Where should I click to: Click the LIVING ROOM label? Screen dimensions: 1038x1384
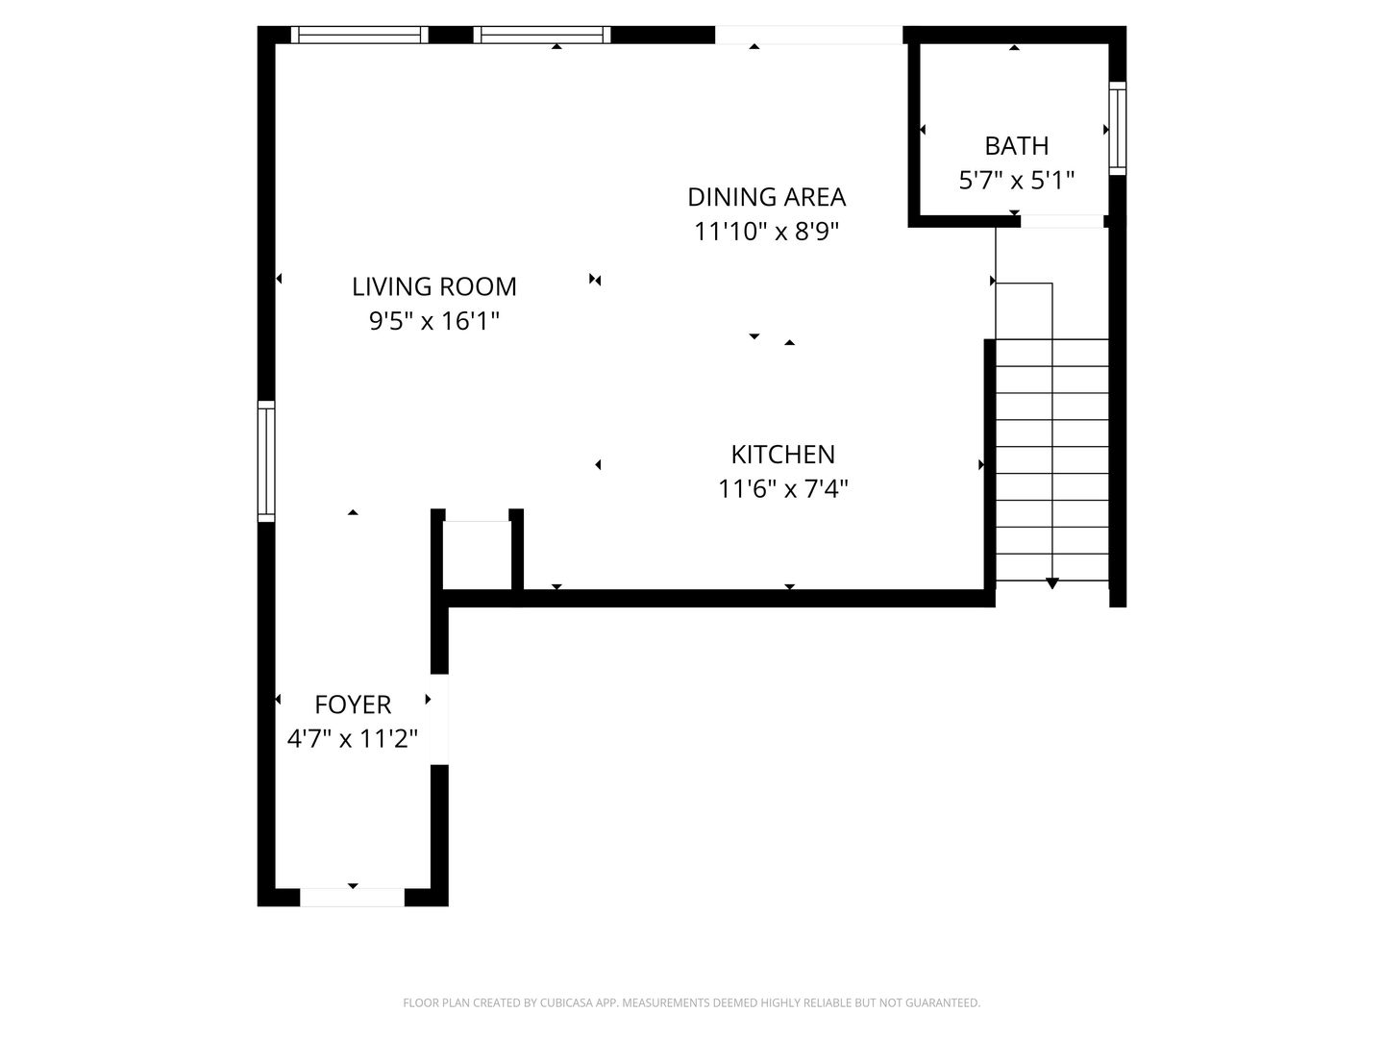pos(434,286)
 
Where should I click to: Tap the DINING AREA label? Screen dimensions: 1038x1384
pos(766,197)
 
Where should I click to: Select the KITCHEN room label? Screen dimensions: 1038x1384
pos(782,455)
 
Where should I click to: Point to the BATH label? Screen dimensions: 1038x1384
pos(1016,146)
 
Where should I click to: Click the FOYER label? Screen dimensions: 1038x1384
pos(353,704)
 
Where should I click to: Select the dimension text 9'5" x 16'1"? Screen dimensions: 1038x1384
pos(434,321)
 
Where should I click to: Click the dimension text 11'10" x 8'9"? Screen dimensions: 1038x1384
pos(766,232)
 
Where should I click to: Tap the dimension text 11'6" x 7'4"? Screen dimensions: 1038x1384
pos(782,489)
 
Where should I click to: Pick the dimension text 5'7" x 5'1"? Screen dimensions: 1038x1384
pos(1016,181)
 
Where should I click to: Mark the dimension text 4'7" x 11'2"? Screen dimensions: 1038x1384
pos(353,739)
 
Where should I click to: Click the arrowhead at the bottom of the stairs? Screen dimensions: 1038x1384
pos(1052,583)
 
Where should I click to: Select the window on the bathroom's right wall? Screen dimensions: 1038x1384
pos(1117,129)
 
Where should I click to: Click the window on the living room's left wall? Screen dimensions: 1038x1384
pos(266,461)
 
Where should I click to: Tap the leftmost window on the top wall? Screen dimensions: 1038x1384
pos(359,36)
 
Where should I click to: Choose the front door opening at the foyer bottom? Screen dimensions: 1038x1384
pos(352,898)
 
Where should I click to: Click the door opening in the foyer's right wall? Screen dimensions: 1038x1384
pos(439,719)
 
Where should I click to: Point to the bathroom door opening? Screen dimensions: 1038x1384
pos(1061,221)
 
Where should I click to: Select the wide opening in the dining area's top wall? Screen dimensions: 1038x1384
pos(808,36)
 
